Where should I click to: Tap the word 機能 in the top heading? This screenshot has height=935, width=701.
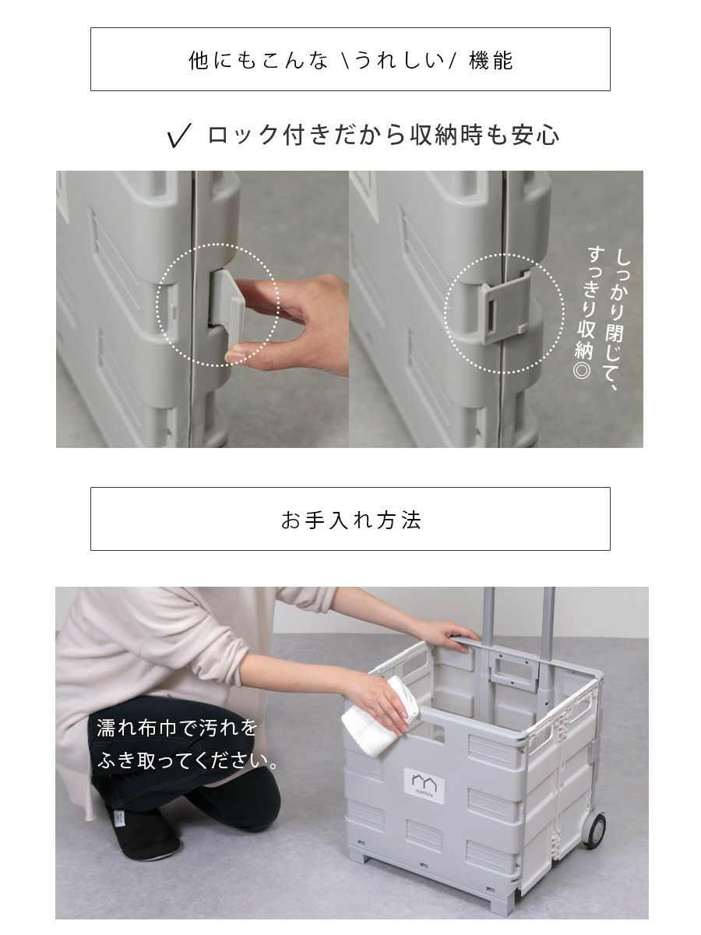[x=491, y=60]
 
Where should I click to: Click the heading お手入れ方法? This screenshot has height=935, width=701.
[x=350, y=520]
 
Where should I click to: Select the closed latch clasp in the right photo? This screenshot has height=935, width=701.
[x=505, y=307]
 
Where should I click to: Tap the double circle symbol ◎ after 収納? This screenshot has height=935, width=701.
[x=583, y=370]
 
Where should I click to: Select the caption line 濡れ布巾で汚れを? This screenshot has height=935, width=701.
[x=177, y=728]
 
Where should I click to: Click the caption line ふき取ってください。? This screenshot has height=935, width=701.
[x=187, y=761]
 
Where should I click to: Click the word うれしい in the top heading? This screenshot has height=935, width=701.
[x=399, y=60]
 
